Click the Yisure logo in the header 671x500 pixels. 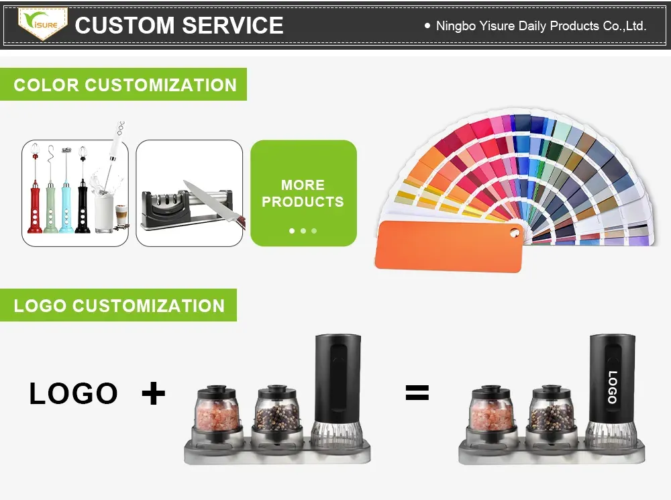(x=42, y=24)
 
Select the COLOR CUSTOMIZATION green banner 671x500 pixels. (x=124, y=85)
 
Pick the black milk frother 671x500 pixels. (x=83, y=201)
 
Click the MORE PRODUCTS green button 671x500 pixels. (x=303, y=193)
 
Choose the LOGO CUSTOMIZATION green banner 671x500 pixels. (x=119, y=306)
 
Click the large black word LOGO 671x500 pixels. (x=74, y=394)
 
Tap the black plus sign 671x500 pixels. (x=154, y=393)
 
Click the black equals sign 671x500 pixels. (x=417, y=393)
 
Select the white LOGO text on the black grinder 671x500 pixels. (x=612, y=387)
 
